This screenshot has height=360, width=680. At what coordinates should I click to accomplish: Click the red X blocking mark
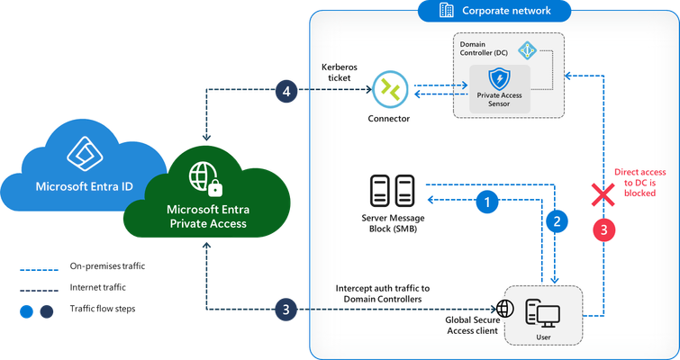[603, 194]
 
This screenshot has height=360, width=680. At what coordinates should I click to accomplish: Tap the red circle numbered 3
[604, 229]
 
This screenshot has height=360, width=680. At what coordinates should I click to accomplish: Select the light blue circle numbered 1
[487, 202]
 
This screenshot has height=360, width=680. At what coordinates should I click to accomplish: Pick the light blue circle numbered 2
[557, 221]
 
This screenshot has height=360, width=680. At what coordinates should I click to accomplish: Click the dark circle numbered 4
[286, 92]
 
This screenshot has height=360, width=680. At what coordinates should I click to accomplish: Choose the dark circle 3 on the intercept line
[286, 310]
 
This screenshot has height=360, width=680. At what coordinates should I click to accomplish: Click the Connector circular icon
[390, 89]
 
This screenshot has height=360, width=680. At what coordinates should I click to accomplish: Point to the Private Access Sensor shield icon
[500, 79]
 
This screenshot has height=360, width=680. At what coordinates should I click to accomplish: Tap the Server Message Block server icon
[393, 191]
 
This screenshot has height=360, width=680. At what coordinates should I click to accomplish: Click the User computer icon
[542, 313]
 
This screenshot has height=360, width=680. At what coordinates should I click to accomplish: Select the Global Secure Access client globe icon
[505, 309]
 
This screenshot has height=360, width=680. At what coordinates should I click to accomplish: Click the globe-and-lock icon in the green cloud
[205, 178]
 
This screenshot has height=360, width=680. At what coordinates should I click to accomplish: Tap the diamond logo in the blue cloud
[85, 154]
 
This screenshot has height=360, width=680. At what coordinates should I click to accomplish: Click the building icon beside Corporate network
[447, 10]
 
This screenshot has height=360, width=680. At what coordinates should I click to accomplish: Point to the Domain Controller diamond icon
[528, 50]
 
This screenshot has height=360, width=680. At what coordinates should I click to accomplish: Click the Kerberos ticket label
[340, 73]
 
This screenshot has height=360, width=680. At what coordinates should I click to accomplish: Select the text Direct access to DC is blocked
[639, 183]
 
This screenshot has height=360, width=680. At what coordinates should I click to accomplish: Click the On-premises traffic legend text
[107, 266]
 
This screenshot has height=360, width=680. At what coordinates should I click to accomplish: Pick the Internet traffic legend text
[97, 287]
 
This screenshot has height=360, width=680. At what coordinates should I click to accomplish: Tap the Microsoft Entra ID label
[84, 186]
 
